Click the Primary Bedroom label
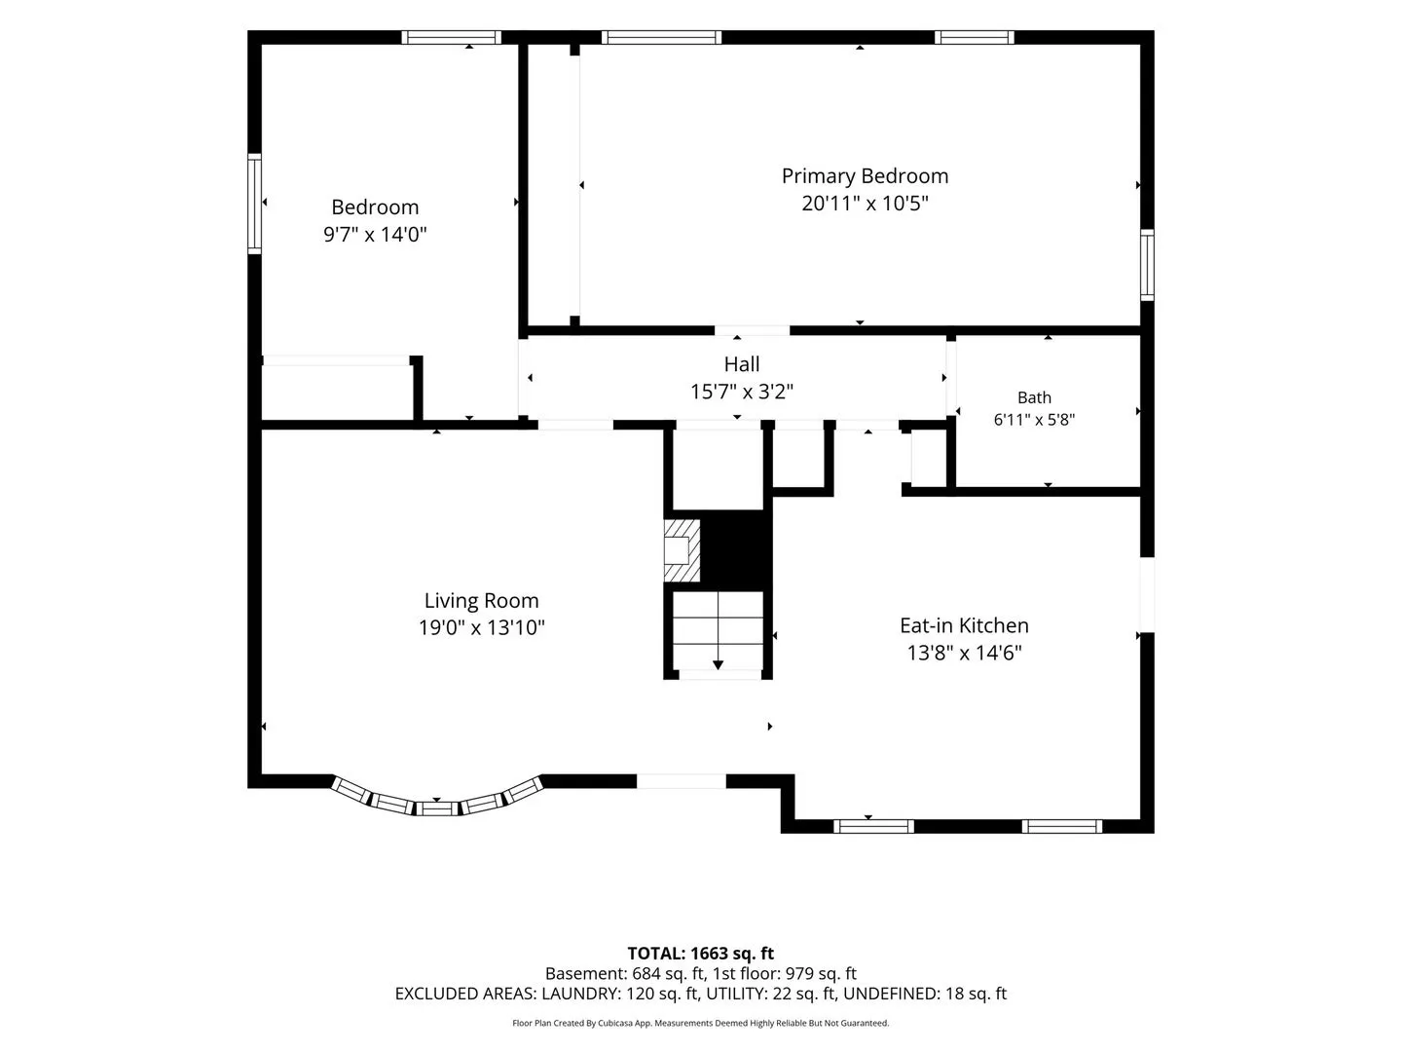[865, 176]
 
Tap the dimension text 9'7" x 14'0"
[375, 235]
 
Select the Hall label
[742, 364]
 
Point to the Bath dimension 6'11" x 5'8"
[1034, 420]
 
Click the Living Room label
[482, 600]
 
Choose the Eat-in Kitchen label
[964, 625]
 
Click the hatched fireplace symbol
[683, 550]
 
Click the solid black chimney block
[736, 549]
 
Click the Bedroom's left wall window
[254, 204]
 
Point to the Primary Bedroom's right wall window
[1147, 265]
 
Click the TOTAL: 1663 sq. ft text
[701, 954]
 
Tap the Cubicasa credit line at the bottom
[701, 1023]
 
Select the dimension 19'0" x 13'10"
[482, 628]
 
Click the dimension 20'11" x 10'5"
[865, 204]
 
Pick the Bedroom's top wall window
[452, 37]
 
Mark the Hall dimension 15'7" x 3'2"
[742, 392]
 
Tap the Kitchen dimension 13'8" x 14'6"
[965, 653]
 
